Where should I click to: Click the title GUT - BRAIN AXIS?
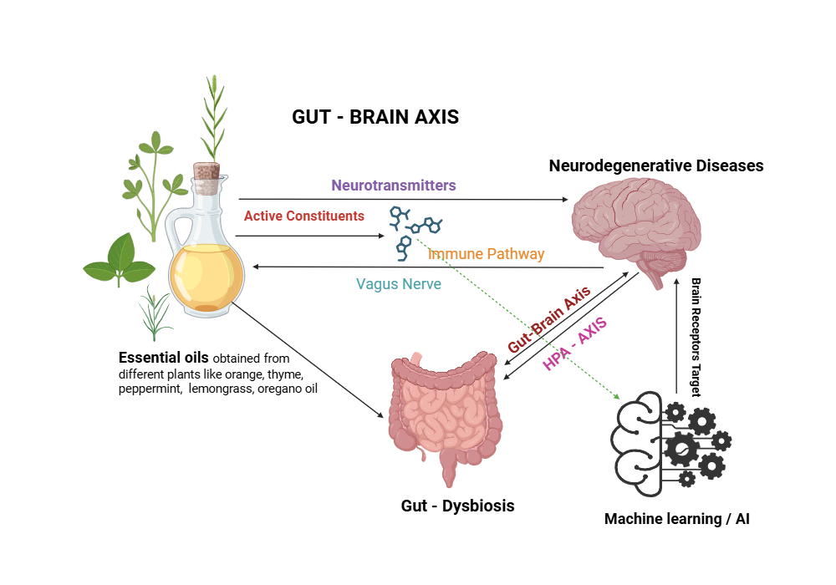375,117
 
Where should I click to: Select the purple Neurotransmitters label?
394,185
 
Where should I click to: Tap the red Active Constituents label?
304,216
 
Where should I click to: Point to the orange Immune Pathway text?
486,253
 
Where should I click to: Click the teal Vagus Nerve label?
399,284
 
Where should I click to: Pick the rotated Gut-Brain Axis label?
548,320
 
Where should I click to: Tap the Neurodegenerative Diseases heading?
656,165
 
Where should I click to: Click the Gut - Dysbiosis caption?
457,506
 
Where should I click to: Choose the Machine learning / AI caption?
677,519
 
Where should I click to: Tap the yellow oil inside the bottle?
206,276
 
